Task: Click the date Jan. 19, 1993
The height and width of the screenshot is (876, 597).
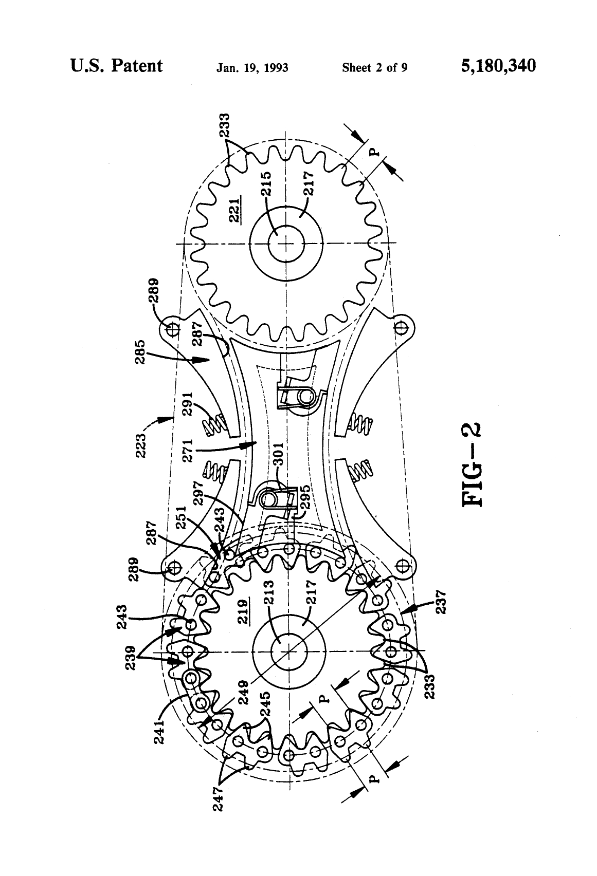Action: coord(252,68)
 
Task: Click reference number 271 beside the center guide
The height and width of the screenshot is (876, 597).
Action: coord(186,451)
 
